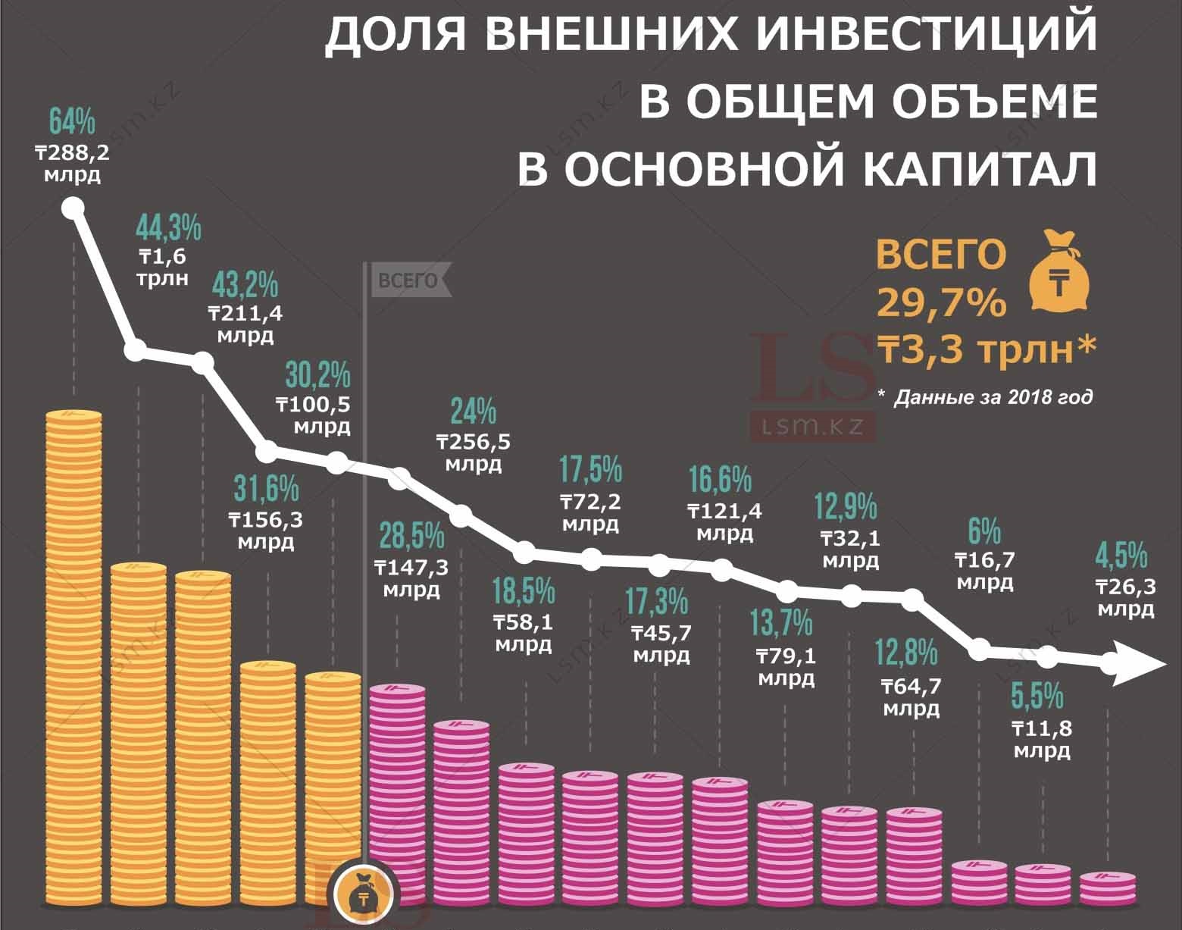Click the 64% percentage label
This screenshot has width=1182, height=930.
tap(72, 121)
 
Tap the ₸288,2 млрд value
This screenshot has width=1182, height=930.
tap(72, 164)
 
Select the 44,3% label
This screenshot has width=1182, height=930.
tap(168, 227)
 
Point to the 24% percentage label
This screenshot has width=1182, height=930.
tap(474, 412)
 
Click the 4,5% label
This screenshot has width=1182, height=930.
tap(1121, 556)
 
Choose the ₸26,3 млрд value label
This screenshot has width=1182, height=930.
tap(1126, 597)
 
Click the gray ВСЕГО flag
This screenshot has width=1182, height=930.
tap(409, 280)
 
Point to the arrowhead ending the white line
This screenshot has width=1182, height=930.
tap(1137, 664)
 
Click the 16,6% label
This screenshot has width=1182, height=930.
tap(721, 480)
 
